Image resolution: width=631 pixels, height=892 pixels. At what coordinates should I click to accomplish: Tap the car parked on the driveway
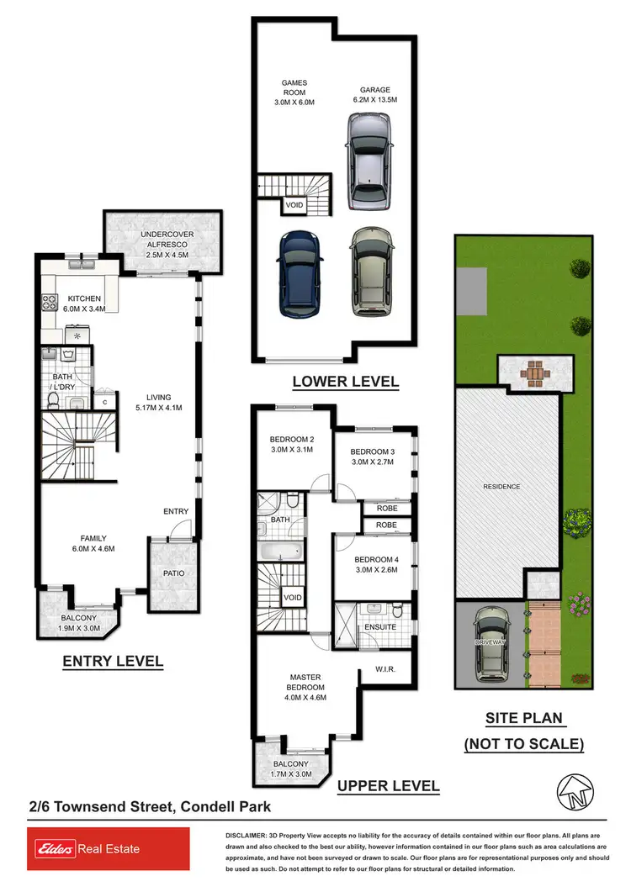[491, 645]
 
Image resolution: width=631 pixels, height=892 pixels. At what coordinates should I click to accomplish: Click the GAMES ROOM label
[294, 92]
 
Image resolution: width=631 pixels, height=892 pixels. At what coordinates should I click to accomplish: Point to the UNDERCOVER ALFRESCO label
[163, 244]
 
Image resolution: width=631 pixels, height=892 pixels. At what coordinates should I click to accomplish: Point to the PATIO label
[173, 573]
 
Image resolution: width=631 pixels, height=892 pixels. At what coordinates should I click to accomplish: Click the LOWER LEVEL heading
[345, 382]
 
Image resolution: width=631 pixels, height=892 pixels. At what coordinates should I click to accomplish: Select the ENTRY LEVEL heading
[113, 662]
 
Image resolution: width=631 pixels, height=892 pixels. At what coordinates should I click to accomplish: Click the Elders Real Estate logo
[84, 849]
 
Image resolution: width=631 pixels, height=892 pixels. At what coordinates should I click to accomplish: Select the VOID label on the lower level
[294, 203]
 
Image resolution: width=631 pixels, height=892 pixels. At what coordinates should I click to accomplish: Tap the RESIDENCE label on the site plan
[501, 487]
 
